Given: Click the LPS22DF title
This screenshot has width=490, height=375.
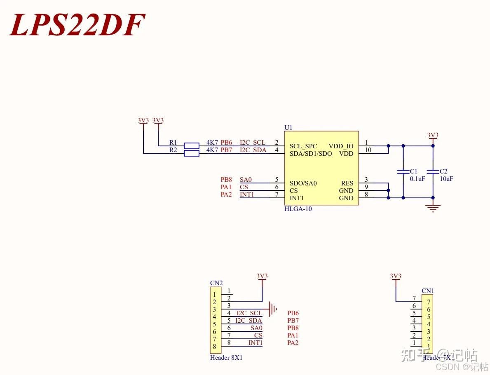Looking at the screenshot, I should [77, 25].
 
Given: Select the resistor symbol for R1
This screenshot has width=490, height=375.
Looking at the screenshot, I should [191, 145].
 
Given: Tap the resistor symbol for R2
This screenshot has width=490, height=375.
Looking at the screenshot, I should [191, 153].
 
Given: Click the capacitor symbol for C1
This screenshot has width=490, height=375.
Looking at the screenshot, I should [403, 171].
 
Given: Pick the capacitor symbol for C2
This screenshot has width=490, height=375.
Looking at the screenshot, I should [433, 171].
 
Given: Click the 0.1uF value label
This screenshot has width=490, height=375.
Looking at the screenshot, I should [417, 179].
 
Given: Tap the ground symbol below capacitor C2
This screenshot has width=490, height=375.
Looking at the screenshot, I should [433, 208].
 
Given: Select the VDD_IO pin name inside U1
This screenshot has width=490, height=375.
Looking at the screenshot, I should [341, 146].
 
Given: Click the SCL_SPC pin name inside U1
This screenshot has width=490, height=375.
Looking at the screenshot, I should [303, 146].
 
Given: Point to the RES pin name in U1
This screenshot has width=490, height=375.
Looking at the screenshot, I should [347, 183].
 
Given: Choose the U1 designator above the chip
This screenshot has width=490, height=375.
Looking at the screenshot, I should [288, 128].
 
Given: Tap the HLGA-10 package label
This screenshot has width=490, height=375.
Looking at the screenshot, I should [298, 209].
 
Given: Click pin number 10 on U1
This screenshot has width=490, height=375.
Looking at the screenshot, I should [368, 150].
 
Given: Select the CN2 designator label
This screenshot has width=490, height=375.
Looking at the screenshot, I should [216, 283].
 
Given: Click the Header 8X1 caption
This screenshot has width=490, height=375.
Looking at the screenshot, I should [226, 358].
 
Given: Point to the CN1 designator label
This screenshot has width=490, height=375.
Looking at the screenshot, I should [428, 291].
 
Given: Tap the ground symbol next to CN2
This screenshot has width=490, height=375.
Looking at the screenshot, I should [272, 307].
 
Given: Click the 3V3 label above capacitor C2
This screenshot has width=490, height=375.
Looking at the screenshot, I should [433, 135].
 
